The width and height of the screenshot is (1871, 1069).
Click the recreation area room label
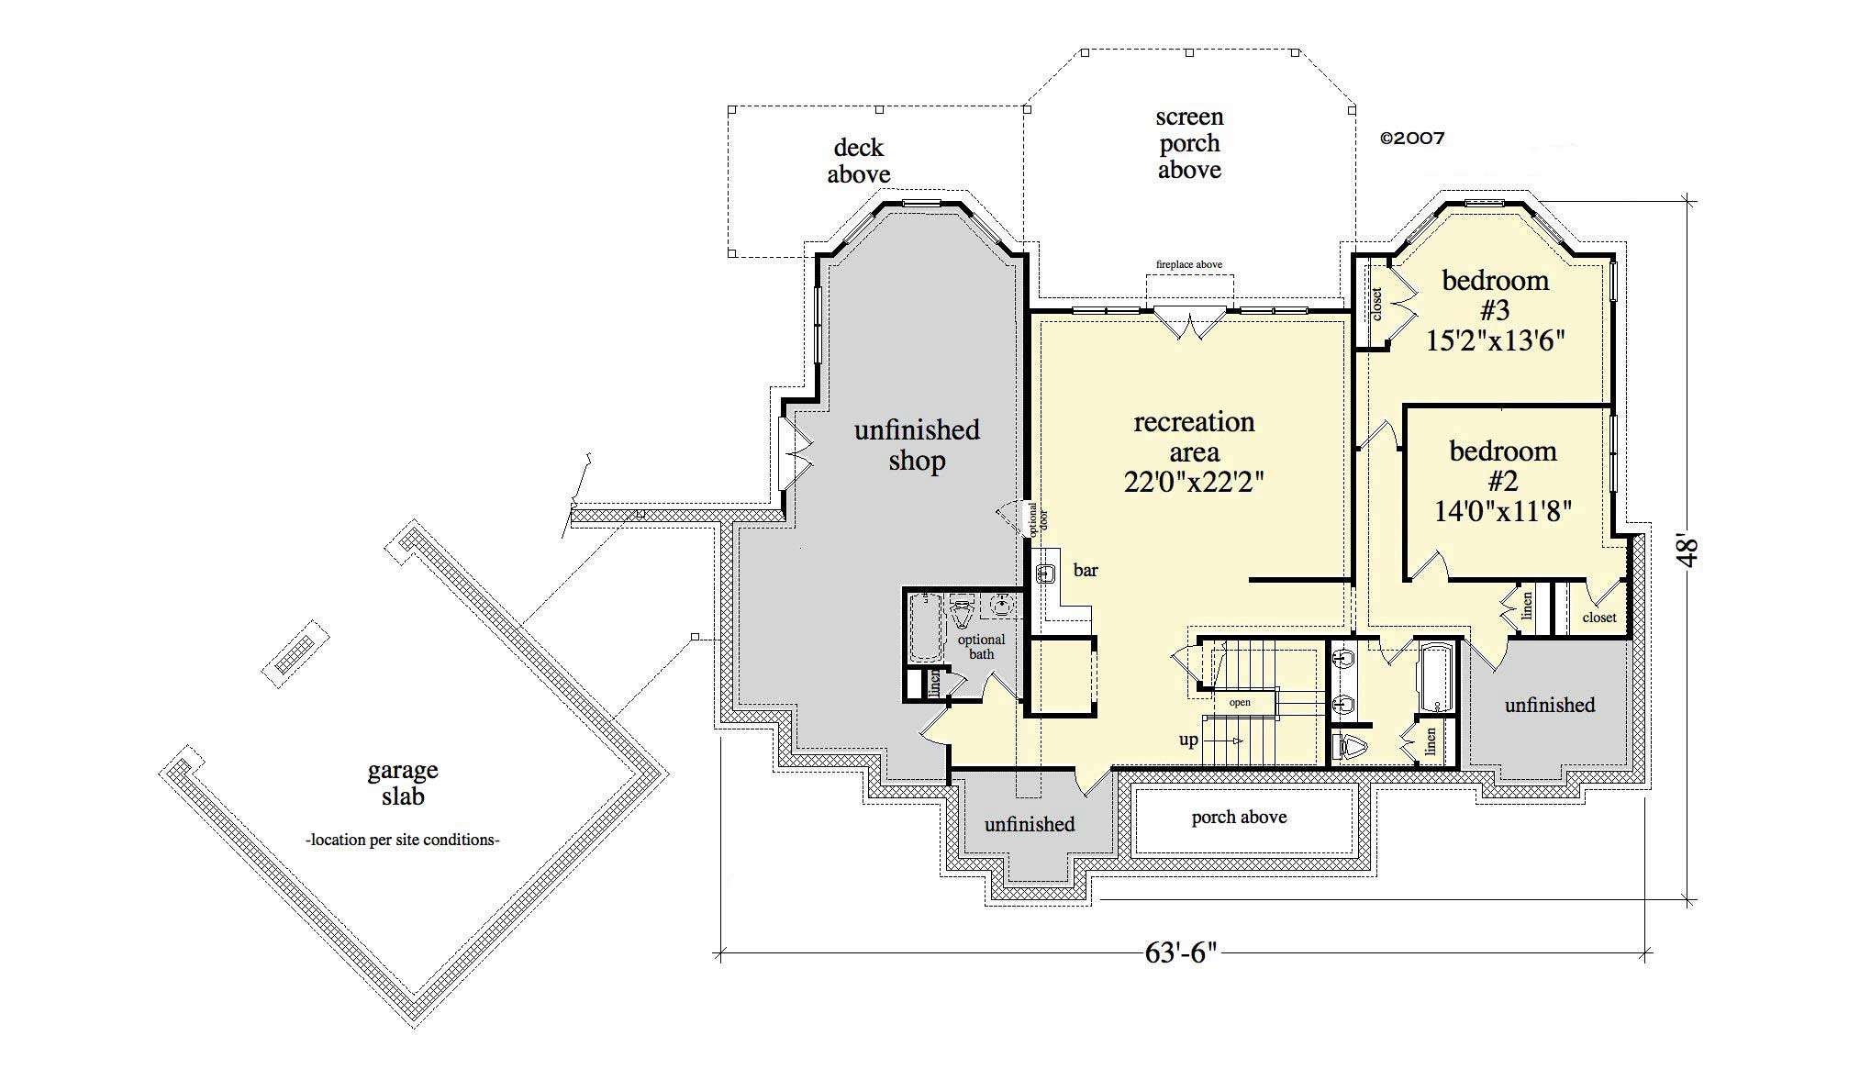[1194, 437]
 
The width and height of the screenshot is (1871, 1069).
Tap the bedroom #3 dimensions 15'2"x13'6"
[1495, 340]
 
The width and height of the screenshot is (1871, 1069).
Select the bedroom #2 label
[1502, 465]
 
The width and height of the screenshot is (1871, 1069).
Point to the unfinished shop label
[917, 445]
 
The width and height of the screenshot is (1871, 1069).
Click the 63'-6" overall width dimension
[1180, 953]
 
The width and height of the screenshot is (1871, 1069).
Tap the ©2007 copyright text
[1412, 139]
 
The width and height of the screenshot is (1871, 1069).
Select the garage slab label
[403, 783]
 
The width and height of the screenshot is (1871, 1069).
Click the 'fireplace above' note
[1188, 264]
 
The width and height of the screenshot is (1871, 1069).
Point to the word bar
[1086, 571]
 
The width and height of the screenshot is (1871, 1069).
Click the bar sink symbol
[1045, 574]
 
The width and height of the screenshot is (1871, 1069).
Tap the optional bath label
[981, 647]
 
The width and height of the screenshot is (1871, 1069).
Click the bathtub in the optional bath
[925, 628]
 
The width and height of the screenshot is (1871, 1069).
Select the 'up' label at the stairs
[1188, 740]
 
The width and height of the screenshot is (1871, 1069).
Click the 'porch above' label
[1239, 818]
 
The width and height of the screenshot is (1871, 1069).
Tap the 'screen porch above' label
[1189, 143]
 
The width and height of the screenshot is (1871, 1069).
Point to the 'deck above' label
[858, 161]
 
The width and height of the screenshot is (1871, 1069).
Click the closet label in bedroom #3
[1376, 305]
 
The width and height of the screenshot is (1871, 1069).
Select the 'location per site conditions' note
[402, 840]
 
